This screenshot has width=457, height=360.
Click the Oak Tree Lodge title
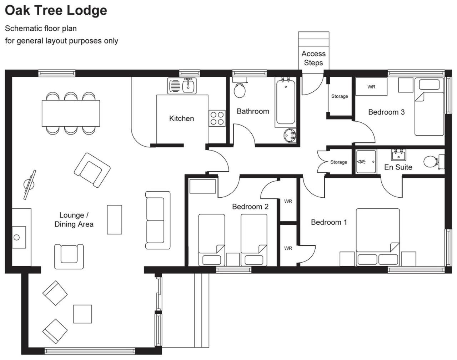[x=56, y=11]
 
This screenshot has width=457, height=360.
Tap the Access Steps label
[x=313, y=58]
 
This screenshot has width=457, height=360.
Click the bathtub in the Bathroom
[x=286, y=102]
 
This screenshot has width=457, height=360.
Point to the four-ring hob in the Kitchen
[x=217, y=118]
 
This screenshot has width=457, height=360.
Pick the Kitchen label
[x=182, y=118]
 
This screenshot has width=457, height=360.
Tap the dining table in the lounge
[x=71, y=113]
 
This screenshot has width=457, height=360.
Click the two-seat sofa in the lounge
[x=158, y=220]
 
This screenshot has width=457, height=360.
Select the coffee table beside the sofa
[x=115, y=220]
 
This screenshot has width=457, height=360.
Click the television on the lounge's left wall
[x=30, y=185]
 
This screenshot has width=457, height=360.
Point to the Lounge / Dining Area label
[x=74, y=220]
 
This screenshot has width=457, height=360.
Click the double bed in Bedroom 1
[x=378, y=237]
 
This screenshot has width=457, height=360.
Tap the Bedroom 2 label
[x=250, y=207]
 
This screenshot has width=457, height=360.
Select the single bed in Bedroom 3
[x=430, y=107]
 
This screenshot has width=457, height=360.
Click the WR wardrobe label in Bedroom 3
[x=371, y=87]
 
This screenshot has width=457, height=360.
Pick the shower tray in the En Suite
[x=366, y=162]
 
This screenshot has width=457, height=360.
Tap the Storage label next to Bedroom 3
[x=340, y=96]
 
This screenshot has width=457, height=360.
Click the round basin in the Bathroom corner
[x=290, y=135]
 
